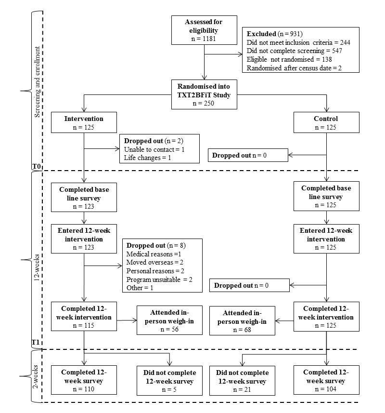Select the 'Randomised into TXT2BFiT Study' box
pyautogui.click(x=204, y=94)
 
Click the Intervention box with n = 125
pyautogui.click(x=84, y=123)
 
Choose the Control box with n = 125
pyautogui.click(x=326, y=123)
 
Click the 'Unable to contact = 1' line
pyautogui.click(x=154, y=149)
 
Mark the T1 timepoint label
pyautogui.click(x=36, y=343)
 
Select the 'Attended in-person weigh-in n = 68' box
pyautogui.click(x=242, y=320)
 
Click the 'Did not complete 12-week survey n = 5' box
pyautogui.click(x=169, y=381)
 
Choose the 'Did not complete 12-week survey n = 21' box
pyautogui.click(x=242, y=381)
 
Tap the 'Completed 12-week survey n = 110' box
pyautogui.click(x=84, y=381)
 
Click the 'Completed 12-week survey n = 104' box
pyautogui.click(x=327, y=381)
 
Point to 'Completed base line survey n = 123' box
pyautogui.click(x=84, y=197)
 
